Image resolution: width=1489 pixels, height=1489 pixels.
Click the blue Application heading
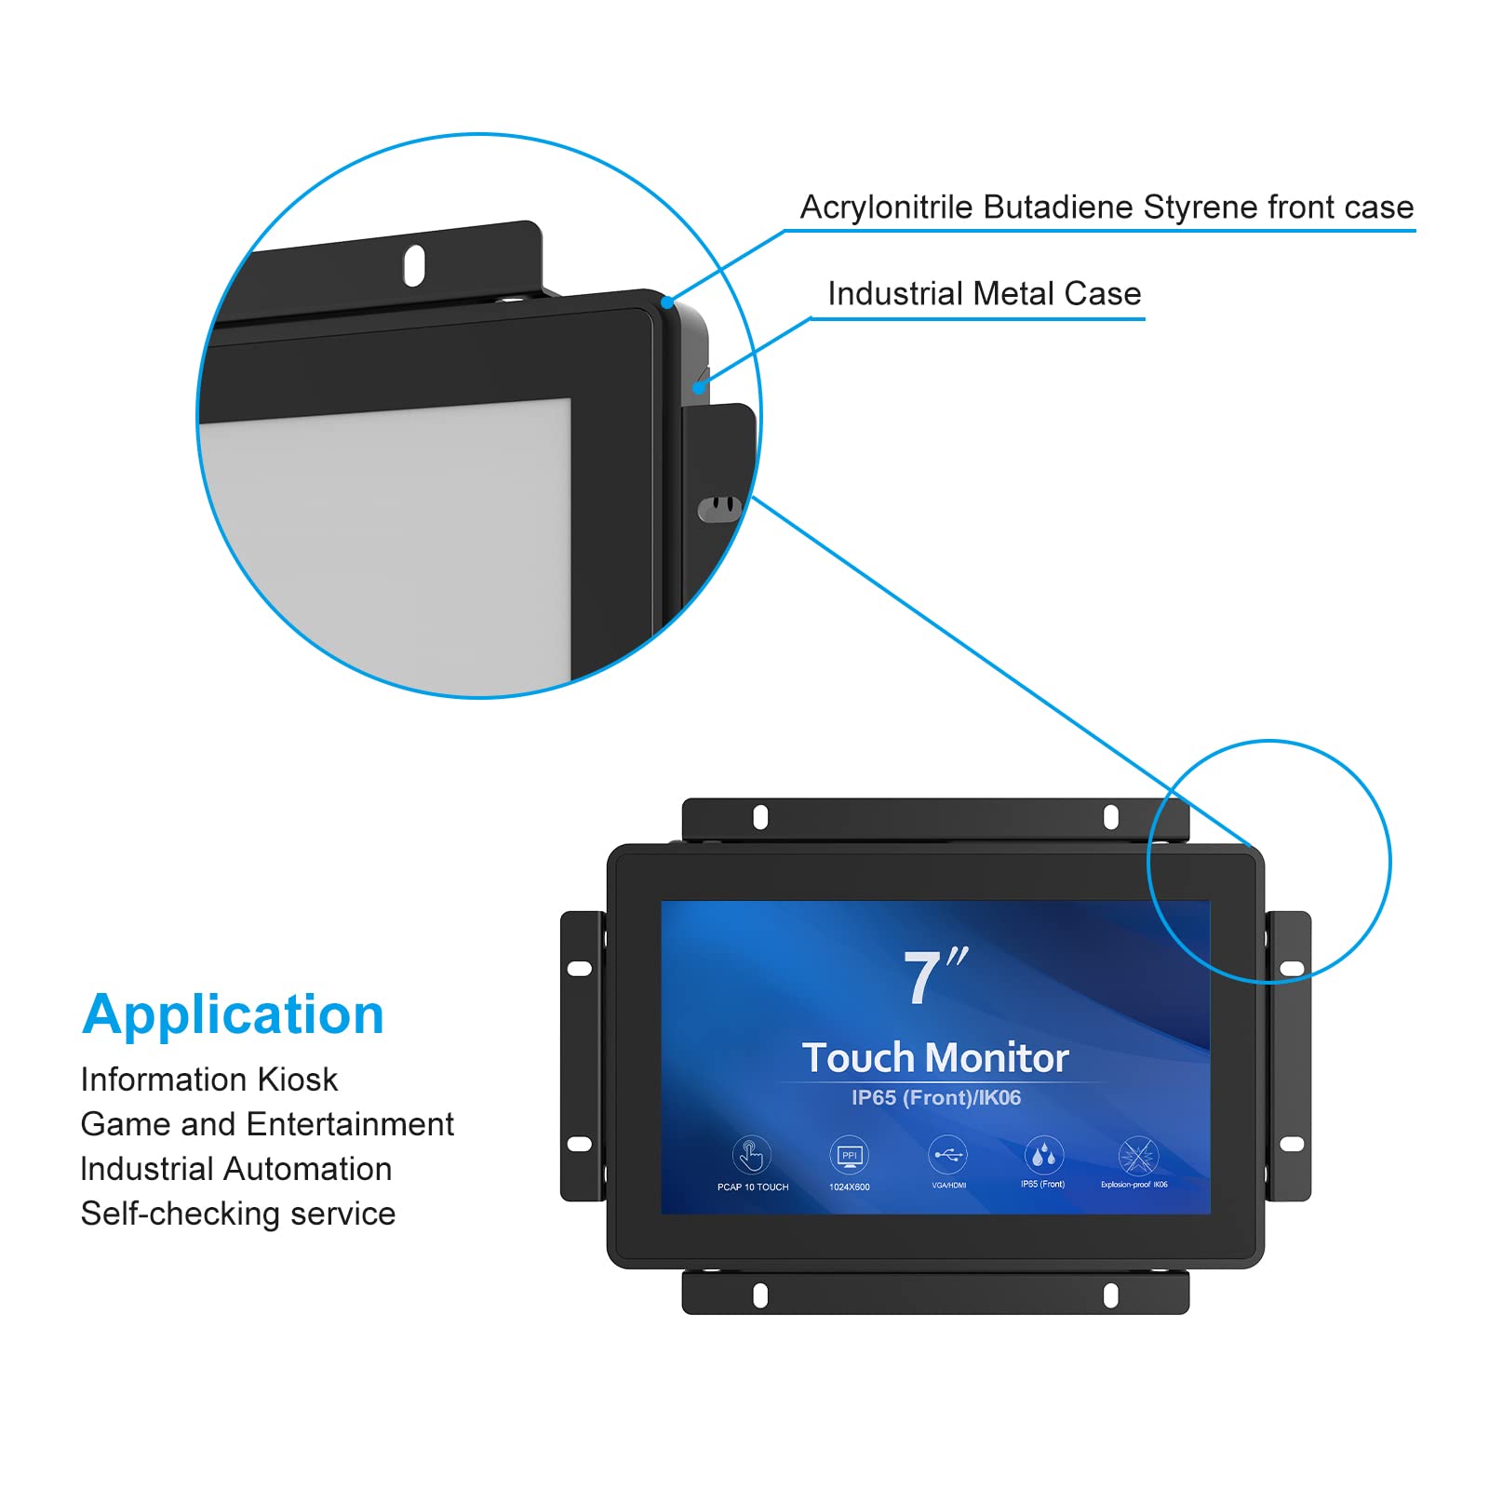[233, 1013]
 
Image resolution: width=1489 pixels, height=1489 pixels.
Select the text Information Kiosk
[208, 1080]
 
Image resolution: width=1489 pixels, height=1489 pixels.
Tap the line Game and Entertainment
[267, 1124]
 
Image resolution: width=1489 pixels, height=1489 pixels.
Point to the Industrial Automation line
[235, 1169]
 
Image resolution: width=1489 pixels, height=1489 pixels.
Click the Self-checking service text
[237, 1214]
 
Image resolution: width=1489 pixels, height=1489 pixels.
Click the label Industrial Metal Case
[984, 294]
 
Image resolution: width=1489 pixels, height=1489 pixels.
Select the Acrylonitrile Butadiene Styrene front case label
[1107, 207]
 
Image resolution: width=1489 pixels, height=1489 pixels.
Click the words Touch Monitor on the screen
[935, 1058]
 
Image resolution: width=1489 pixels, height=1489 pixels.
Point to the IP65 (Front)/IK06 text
[935, 1098]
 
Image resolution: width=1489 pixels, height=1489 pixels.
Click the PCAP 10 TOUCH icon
[751, 1156]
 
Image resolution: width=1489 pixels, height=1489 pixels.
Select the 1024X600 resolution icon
[849, 1156]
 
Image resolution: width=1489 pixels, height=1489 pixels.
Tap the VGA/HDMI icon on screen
[947, 1156]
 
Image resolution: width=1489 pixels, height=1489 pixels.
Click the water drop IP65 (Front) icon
[1042, 1156]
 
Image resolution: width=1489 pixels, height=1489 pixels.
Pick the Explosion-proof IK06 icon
[1136, 1157]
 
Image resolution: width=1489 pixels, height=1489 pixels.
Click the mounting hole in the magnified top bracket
[413, 265]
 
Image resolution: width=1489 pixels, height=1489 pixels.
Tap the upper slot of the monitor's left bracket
[579, 969]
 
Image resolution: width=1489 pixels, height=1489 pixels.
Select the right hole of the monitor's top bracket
[1110, 817]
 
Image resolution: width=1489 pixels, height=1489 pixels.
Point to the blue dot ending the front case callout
[667, 302]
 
